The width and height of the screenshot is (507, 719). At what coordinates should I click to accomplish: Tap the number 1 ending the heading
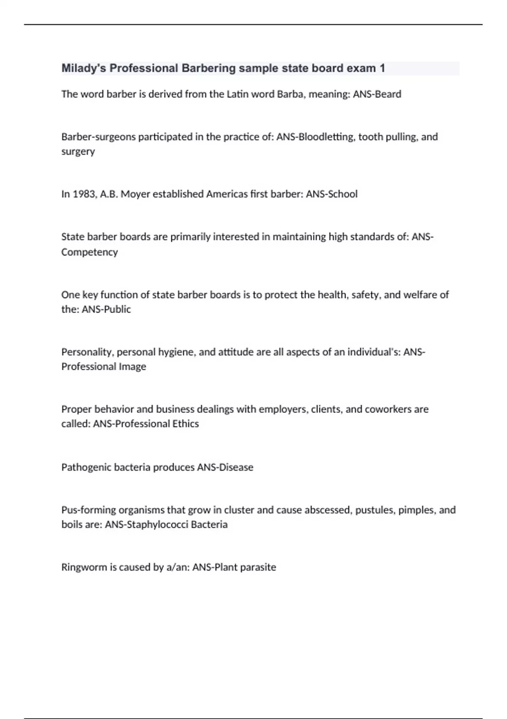click(x=382, y=69)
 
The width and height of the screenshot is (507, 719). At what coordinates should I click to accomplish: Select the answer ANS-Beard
click(x=377, y=94)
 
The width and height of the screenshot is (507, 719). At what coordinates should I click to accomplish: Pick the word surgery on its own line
click(x=78, y=152)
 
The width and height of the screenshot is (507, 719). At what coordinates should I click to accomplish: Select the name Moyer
click(x=135, y=194)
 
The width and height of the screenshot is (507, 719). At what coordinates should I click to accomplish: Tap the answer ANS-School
click(x=332, y=194)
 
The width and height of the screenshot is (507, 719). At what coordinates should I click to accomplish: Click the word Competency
click(x=90, y=252)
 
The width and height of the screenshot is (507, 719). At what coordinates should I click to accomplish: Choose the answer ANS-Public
click(x=106, y=310)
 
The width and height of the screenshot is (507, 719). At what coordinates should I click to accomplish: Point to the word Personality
click(x=87, y=352)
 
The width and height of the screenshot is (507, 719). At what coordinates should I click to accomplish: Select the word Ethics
click(x=185, y=424)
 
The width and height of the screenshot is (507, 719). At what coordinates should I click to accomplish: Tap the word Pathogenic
click(x=84, y=467)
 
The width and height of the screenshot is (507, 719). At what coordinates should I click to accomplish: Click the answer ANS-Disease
click(x=225, y=467)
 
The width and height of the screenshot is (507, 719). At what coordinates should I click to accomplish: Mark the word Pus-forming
click(x=88, y=510)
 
